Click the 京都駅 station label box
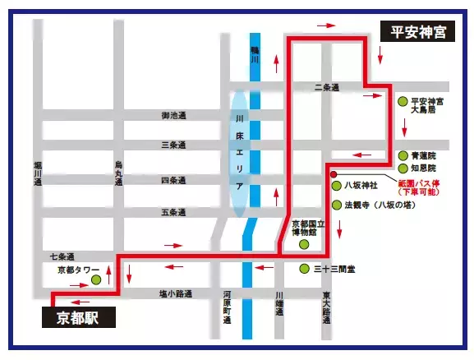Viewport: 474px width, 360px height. pos(77,316)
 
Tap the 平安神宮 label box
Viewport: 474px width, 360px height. pos(418,32)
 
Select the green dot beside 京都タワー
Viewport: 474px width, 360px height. pos(96,280)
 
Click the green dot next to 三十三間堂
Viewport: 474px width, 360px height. pos(305,269)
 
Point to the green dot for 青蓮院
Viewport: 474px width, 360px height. pos(402,155)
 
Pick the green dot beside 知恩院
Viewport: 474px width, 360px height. pos(402,168)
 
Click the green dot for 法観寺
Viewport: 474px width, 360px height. pos(335,205)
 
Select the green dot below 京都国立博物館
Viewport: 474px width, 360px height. pos(304,243)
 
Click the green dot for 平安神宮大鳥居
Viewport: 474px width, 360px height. pos(402,102)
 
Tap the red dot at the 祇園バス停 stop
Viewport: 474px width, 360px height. pos(333,174)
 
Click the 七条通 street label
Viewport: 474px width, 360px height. pos(62,256)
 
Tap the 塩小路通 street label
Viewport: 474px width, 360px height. pos(176,292)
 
